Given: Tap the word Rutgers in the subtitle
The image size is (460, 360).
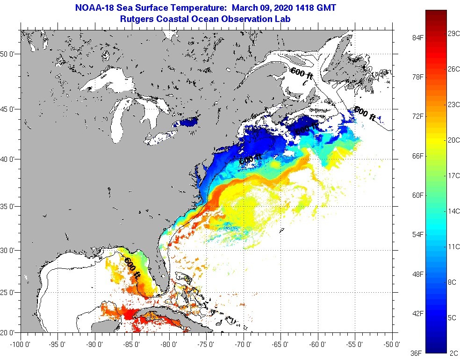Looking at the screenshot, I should click(x=136, y=19).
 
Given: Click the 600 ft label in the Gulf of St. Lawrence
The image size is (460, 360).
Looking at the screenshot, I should click(x=303, y=74).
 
